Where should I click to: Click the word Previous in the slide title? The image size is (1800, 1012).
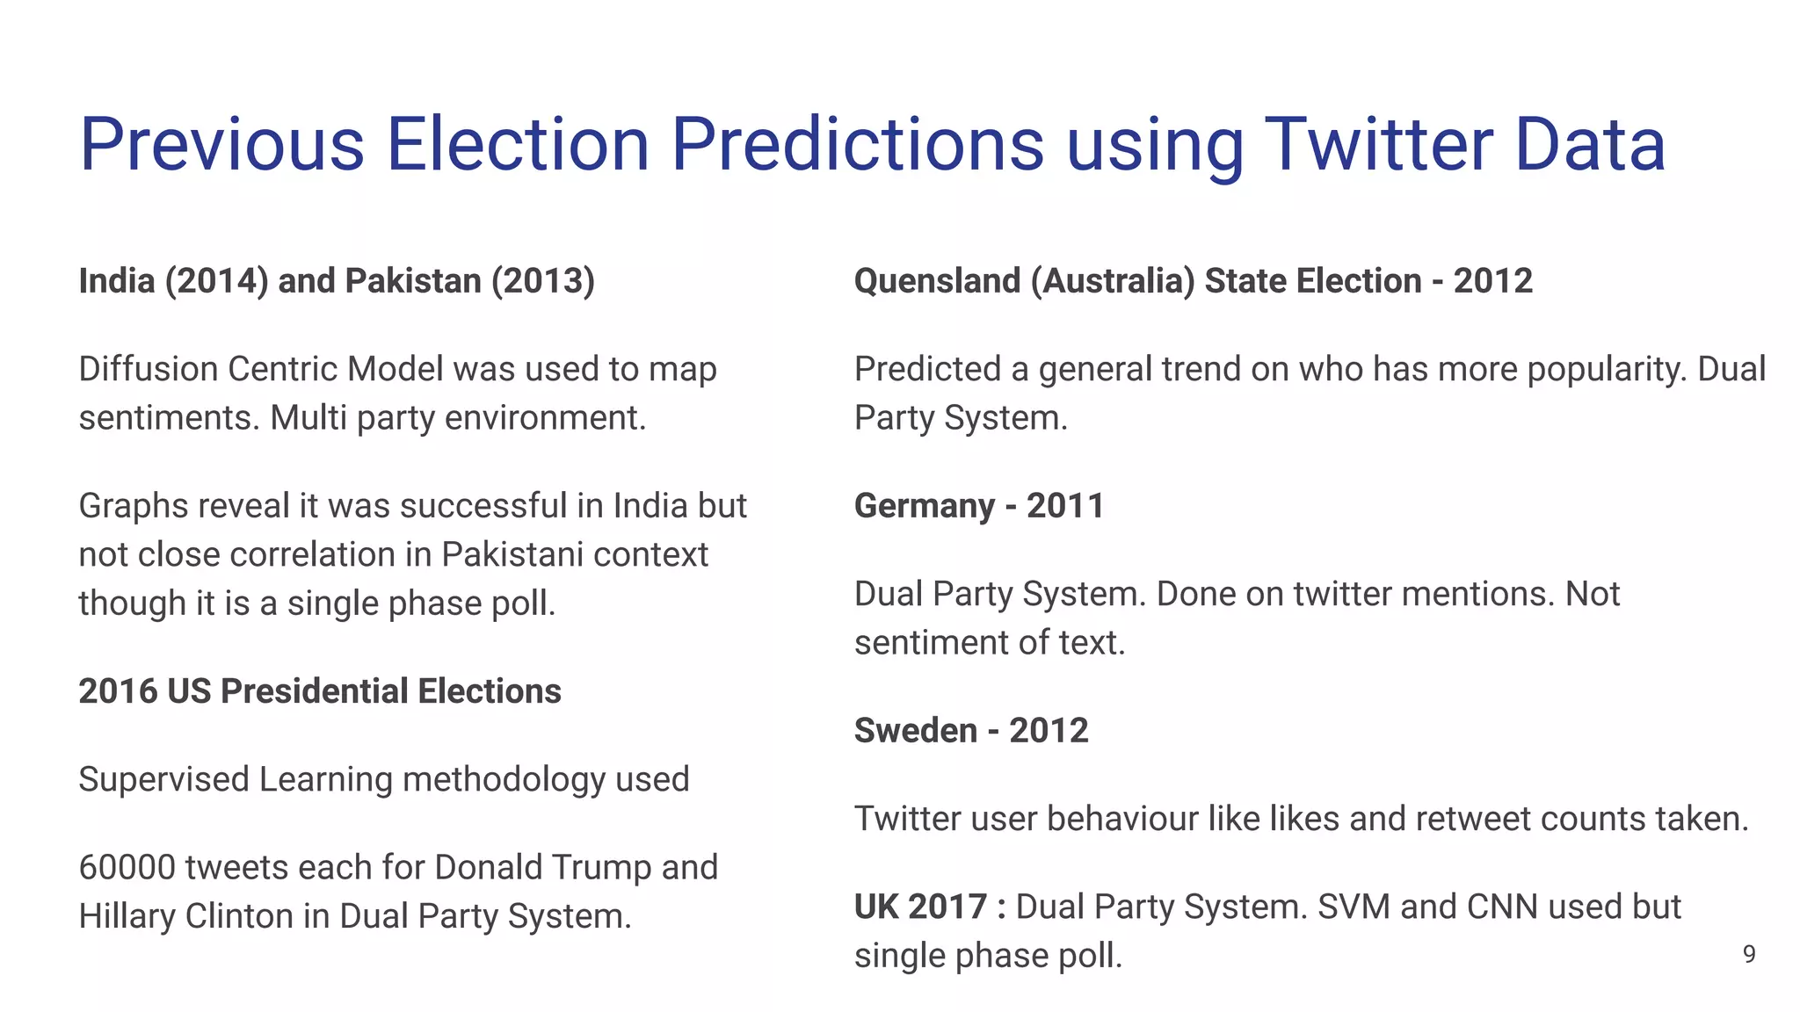click(221, 145)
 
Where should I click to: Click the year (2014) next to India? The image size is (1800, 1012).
click(216, 281)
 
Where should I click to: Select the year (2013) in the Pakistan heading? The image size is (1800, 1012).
click(542, 281)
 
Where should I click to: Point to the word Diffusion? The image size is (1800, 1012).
click(148, 369)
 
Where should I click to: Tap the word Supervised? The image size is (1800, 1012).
click(163, 779)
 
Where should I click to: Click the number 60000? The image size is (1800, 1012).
click(127, 868)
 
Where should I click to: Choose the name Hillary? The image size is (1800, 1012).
click(127, 916)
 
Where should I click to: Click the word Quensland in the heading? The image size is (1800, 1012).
click(937, 281)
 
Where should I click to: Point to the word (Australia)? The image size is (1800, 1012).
click(1112, 281)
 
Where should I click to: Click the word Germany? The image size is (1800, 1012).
click(924, 506)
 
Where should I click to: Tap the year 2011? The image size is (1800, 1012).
click(1065, 506)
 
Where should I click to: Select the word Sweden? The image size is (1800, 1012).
click(915, 731)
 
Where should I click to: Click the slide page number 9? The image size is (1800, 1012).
click(1749, 954)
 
